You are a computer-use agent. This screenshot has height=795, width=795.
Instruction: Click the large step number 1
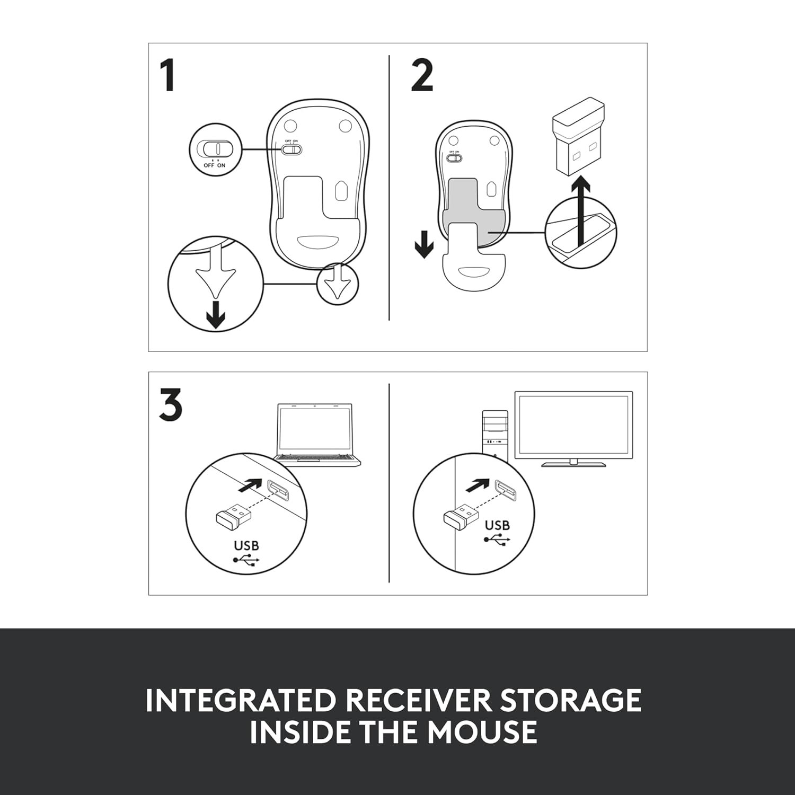tap(168, 76)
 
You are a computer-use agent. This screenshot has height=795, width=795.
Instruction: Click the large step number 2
tap(422, 76)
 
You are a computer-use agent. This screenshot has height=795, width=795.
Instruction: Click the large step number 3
tap(171, 405)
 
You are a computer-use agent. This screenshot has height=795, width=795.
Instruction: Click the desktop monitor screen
tap(573, 425)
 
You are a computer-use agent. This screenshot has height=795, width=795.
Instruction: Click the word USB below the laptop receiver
tap(246, 545)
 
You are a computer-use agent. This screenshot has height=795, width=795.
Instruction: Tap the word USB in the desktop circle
tap(497, 525)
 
